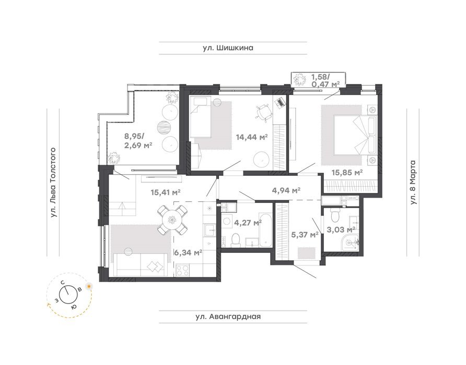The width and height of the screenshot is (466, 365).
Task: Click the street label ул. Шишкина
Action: pos(228,48)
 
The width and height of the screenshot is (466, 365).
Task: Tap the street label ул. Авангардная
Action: pos(228,317)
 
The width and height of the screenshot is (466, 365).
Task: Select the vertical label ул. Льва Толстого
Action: pos(53,183)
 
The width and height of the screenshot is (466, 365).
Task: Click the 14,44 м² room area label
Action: pos(252,137)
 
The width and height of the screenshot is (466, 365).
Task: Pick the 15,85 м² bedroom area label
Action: pos(347,173)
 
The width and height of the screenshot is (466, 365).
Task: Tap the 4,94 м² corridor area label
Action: pos(286,190)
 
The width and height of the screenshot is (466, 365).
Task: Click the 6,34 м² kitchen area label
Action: pos(188,252)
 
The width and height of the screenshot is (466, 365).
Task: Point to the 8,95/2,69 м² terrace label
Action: pos(138,141)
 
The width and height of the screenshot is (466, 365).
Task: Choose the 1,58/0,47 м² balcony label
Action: pos(325,81)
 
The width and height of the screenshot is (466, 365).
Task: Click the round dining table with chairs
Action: pos(172,220)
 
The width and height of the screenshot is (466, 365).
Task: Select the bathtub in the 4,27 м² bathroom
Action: pos(265,229)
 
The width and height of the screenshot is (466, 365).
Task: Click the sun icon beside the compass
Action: pos(89,286)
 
